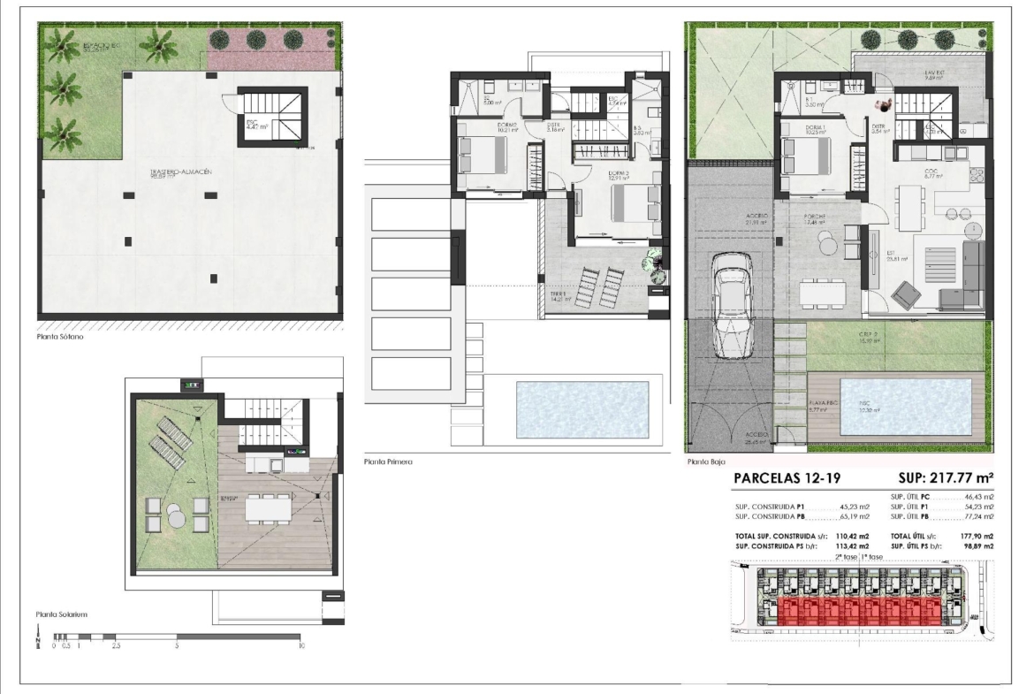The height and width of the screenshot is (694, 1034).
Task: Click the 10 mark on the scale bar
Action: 301,646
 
